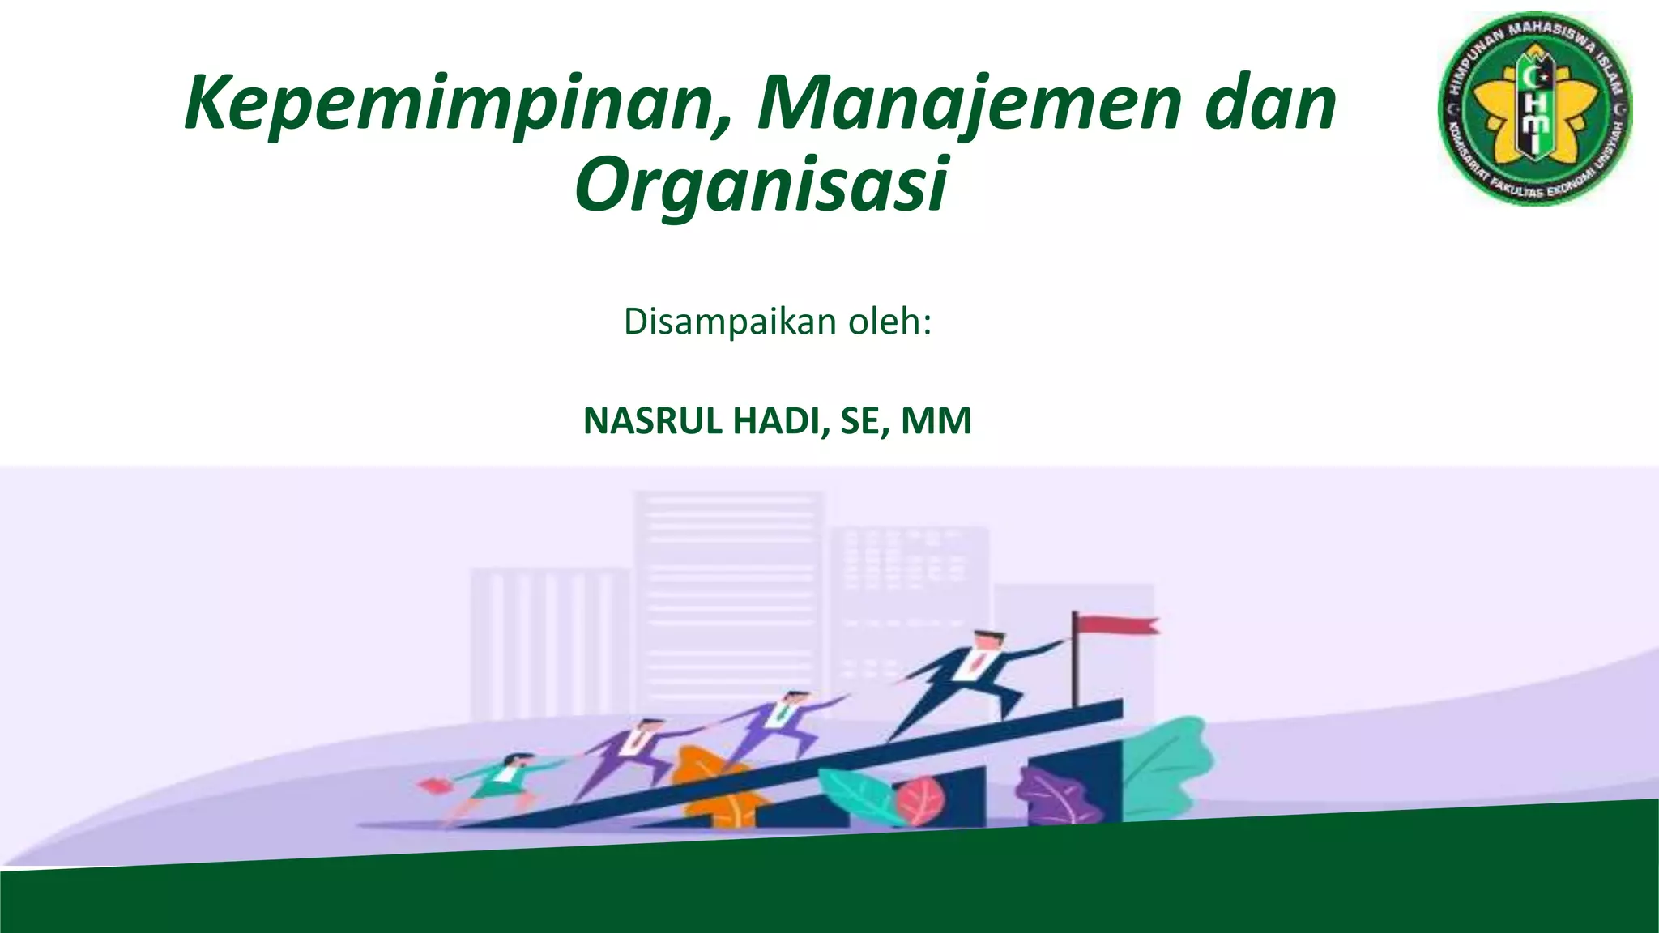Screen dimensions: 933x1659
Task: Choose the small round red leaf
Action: [x=919, y=798]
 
